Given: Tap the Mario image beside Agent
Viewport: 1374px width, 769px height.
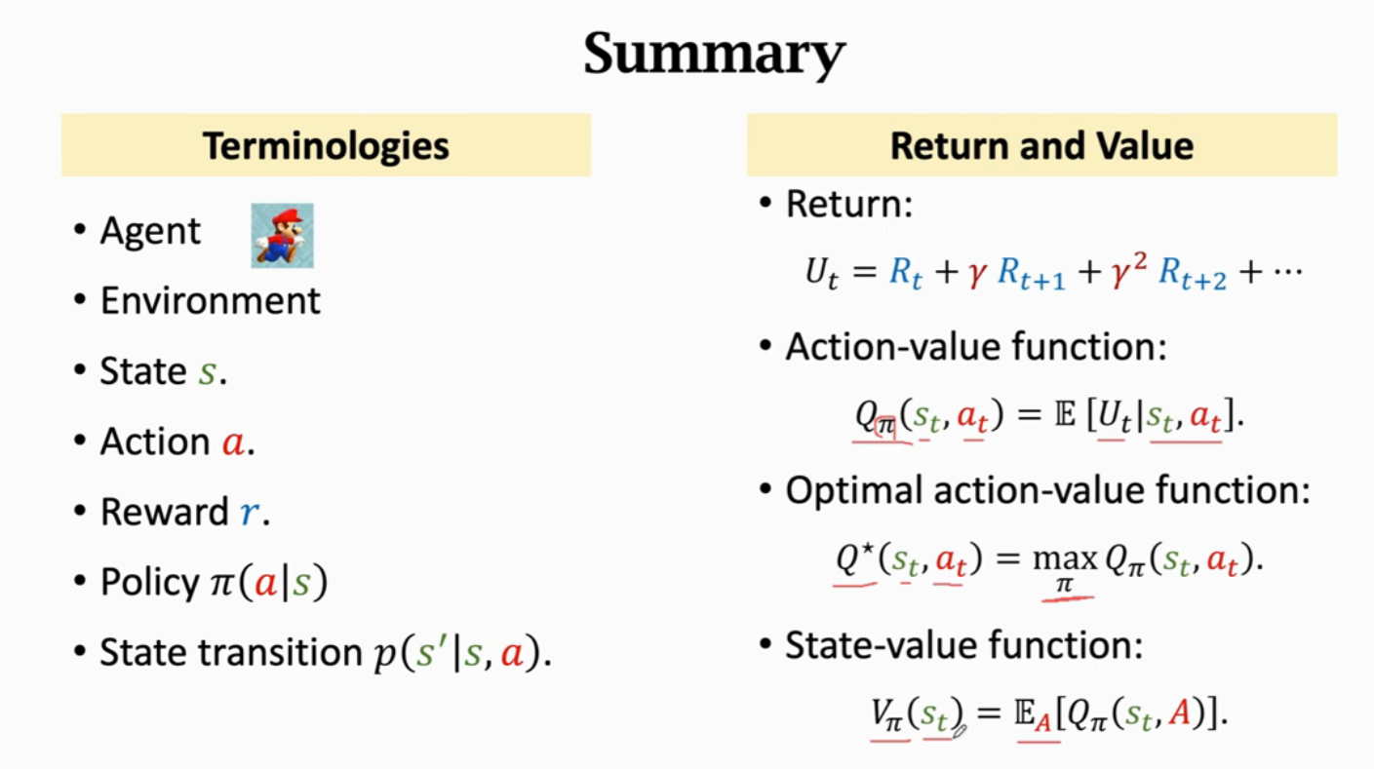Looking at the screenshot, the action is click(282, 235).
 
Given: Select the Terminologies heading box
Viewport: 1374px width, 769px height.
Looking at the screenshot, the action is click(326, 145).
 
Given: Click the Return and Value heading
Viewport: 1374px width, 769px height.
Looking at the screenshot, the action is click(1041, 145).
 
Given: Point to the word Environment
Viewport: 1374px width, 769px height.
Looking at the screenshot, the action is click(210, 300).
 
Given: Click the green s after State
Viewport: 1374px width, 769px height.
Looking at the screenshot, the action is click(207, 372).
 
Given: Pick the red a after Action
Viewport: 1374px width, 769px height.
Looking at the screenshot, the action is click(232, 443).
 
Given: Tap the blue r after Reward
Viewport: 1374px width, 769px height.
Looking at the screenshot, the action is click(251, 514).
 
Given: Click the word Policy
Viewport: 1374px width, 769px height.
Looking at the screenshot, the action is click(149, 583).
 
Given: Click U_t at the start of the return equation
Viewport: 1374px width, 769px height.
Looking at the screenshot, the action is click(821, 273).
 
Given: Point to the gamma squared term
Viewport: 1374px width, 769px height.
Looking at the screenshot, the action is click(1126, 271).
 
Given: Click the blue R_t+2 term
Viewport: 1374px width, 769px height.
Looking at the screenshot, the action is click(1192, 275).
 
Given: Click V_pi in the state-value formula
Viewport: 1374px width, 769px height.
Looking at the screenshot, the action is click(887, 714).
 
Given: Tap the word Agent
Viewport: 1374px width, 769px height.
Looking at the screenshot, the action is click(150, 231).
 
